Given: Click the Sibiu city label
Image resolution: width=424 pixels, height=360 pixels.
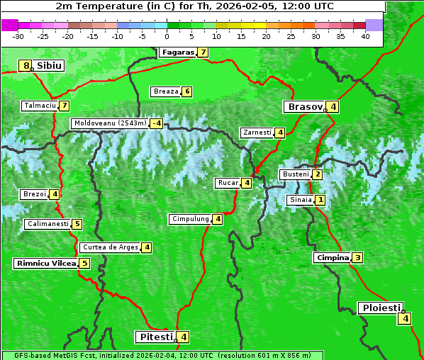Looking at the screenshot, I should tap(50, 66).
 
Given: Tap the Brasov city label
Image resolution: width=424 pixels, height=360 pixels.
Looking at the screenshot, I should tap(304, 107).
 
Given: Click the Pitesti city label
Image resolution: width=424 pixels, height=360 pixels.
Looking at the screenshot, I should tap(155, 337).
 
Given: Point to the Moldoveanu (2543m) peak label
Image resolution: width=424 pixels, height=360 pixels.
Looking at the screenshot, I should tap(110, 123).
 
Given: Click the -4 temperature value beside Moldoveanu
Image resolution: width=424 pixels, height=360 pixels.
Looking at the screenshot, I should tap(156, 123).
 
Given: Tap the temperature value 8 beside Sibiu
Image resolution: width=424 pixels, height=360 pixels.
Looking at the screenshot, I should tap(27, 66).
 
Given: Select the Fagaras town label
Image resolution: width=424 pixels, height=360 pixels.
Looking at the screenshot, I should tap(177, 52).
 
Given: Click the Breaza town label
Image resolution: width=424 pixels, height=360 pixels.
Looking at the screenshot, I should tap(166, 91).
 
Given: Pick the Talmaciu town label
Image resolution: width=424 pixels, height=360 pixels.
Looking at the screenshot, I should tap(40, 106).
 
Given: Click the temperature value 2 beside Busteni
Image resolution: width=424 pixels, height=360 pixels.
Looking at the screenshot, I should tap(318, 174).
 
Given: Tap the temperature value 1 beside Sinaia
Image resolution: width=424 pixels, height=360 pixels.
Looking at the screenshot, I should tap(320, 200).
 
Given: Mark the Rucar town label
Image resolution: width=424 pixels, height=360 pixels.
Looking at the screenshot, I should tap(228, 183).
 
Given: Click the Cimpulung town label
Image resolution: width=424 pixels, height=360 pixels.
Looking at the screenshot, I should tap(190, 219).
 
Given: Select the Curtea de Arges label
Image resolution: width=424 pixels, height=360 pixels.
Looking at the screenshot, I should tap(109, 247).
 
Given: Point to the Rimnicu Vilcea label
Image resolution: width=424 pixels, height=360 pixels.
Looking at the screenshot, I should tap(45, 263).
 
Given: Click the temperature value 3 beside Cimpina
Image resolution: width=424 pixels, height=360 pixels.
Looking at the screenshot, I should tap(357, 258).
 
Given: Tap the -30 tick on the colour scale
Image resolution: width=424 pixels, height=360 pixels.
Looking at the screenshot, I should tap(18, 36).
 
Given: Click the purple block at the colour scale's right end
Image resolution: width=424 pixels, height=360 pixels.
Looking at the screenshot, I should tap(374, 25).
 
